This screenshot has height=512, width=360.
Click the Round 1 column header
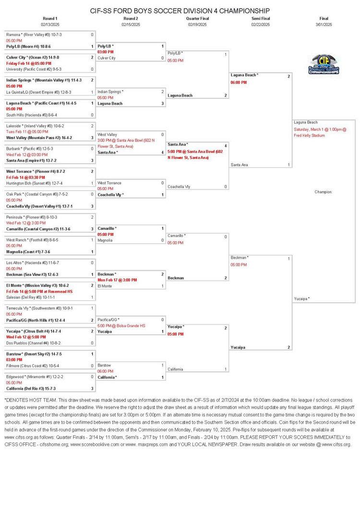pyautogui.click(x=50, y=18)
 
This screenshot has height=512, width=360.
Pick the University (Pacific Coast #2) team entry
pyautogui.click(x=34, y=69)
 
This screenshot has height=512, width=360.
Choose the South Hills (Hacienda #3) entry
pyautogui.click(x=32, y=115)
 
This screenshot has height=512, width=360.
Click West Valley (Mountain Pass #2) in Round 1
pyautogui.click(x=39, y=138)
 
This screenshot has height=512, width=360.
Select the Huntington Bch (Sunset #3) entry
pyautogui.click(x=34, y=183)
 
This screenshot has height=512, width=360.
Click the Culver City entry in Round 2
pyautogui.click(x=107, y=58)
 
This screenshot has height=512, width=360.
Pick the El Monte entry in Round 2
pyautogui.click(x=105, y=286)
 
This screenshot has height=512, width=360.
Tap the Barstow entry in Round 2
pyautogui.click(x=104, y=366)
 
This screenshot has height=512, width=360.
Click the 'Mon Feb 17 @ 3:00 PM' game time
pyautogui.click(x=117, y=280)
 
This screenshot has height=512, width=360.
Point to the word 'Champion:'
pyautogui.click(x=324, y=192)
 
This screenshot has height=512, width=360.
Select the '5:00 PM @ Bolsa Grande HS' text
pyautogui.click(x=121, y=325)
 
